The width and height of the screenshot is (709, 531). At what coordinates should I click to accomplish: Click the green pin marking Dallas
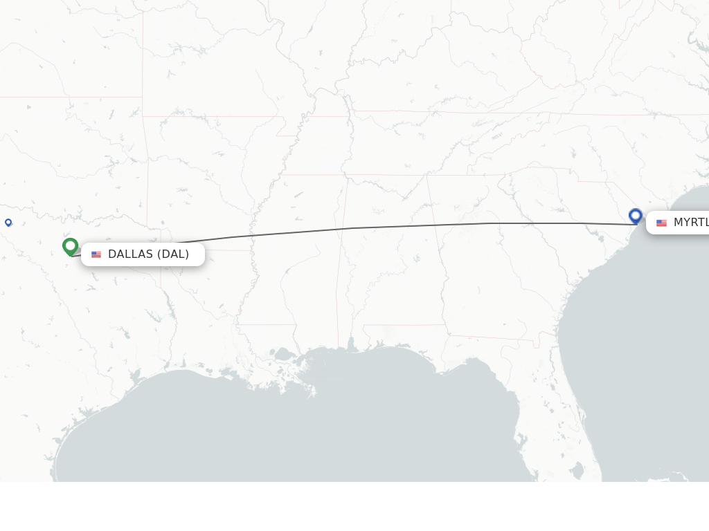pos(70,246)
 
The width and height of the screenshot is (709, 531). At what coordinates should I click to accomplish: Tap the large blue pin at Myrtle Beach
pos(636,216)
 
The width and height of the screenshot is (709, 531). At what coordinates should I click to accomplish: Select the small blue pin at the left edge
pos(8,222)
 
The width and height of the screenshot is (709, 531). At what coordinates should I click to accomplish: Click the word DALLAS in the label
pos(130,254)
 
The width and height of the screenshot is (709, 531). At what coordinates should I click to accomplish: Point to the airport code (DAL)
pos(173,254)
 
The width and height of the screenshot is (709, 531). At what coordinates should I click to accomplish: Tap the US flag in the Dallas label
pos(96,254)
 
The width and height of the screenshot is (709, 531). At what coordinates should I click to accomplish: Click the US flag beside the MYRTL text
pos(661,223)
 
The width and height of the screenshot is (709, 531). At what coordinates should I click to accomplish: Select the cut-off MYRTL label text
pos(690,223)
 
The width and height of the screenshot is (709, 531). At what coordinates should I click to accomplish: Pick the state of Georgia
pos(485,277)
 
